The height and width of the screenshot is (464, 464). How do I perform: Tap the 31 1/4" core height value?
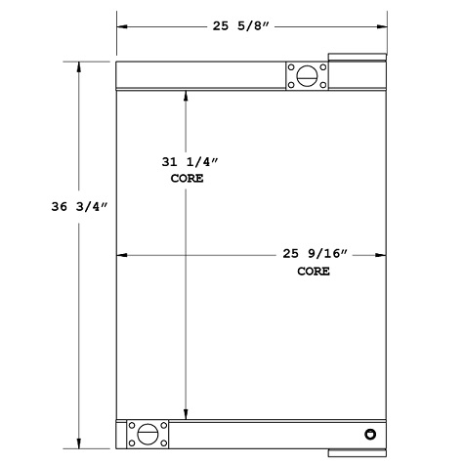187,162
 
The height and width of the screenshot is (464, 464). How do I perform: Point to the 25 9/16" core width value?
313,254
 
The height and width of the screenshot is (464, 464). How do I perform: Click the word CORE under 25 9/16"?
313,271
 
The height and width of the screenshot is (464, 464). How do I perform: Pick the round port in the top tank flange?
304,75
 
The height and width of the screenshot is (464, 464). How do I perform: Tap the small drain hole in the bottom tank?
369,434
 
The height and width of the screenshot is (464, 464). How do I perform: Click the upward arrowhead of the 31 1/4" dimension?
187,94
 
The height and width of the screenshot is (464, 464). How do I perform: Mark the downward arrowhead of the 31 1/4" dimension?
187,413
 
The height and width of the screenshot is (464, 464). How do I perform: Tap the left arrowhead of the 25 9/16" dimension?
122,255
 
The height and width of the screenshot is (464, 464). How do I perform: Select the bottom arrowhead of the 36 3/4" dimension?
78,442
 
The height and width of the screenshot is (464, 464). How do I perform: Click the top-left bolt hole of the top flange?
291,66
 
